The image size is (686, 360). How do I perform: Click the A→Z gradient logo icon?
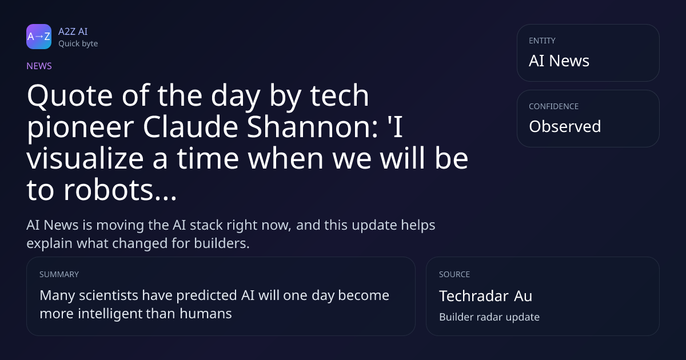[39, 37]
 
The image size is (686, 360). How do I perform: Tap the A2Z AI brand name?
[73, 31]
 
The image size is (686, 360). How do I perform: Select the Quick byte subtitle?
[78, 44]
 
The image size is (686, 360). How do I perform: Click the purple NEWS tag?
[39, 66]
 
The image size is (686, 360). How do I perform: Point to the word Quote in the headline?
[70, 96]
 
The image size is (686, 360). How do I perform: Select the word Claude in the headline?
[190, 127]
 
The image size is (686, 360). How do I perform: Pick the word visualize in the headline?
[85, 158]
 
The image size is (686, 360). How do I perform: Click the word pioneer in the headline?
[81, 128]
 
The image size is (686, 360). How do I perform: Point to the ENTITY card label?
[542, 41]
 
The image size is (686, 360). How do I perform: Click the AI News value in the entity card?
[559, 61]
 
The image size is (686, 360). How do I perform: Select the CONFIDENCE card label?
[554, 106]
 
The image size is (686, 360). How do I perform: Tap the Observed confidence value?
[565, 126]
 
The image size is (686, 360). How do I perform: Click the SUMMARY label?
[59, 274]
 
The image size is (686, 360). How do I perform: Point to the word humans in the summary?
[205, 314]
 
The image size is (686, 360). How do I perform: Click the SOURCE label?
[454, 274]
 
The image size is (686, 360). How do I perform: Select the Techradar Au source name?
[486, 296]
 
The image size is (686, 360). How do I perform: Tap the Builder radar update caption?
[489, 317]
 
